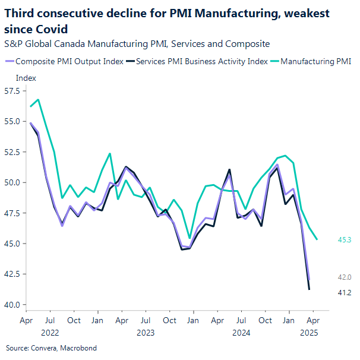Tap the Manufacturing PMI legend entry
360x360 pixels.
click(x=315, y=61)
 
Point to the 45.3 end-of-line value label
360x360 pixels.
click(x=345, y=239)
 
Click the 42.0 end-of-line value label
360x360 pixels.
click(x=345, y=277)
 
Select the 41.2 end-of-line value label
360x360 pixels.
click(x=345, y=292)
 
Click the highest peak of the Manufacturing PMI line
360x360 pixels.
click(x=38, y=100)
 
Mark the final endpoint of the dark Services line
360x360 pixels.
click(x=310, y=289)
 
